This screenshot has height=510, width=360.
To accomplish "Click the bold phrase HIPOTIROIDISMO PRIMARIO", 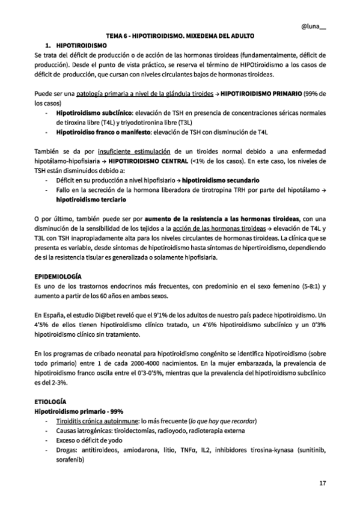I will pyautogui.click(x=261, y=94).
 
